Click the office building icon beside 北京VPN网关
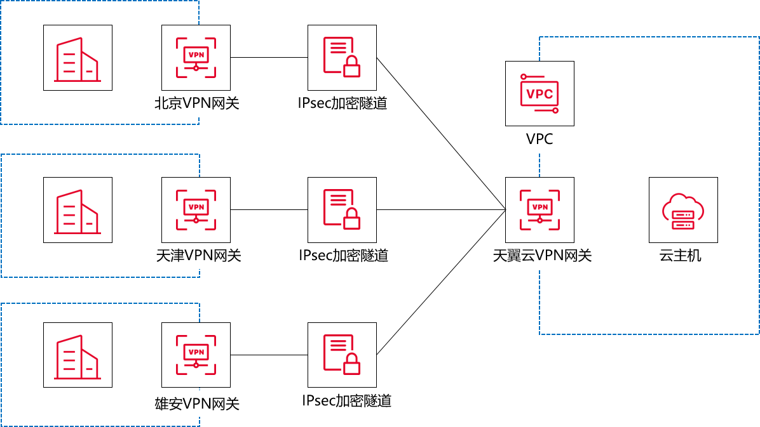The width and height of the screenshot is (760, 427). click(78, 58)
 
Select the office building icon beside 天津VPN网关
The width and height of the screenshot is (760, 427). click(78, 210)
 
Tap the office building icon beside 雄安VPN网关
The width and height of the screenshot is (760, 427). click(78, 355)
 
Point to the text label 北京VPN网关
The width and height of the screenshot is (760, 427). click(198, 103)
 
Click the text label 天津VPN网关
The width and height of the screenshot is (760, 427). click(199, 256)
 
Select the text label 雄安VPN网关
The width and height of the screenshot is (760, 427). click(198, 404)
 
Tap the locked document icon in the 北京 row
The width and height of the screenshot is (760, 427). click(342, 58)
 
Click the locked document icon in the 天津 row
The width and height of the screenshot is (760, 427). click(342, 210)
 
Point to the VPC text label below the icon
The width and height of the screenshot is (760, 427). click(539, 139)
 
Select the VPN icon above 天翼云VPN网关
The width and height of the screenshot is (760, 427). click(539, 210)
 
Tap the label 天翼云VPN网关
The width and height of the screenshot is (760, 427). click(542, 256)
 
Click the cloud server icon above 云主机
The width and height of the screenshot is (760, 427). click(683, 210)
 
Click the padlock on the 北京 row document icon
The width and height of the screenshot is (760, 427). click(351, 67)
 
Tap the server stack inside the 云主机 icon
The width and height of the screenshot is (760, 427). click(683, 220)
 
